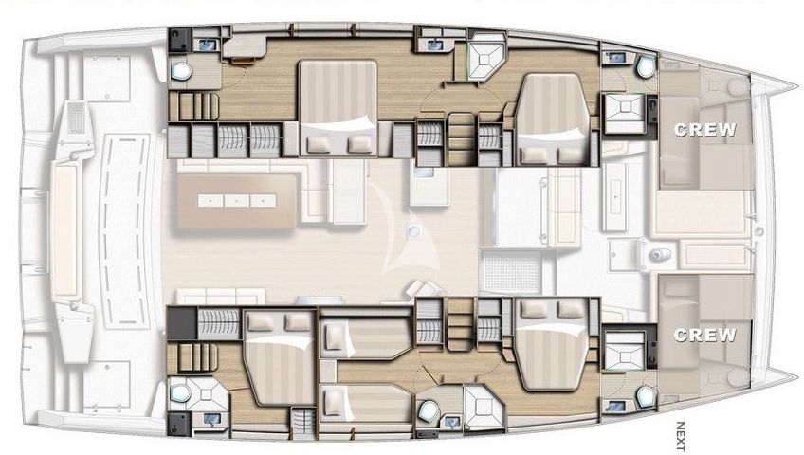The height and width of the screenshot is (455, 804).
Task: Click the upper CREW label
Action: coord(705,130)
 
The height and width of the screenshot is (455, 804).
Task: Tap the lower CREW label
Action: coord(705,335)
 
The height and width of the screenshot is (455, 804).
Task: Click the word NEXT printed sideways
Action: coord(681,436)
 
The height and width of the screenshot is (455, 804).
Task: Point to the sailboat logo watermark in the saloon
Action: coord(409,230)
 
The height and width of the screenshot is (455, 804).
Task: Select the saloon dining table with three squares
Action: coord(237,201)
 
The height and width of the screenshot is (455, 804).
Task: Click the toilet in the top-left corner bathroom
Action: coord(180,71)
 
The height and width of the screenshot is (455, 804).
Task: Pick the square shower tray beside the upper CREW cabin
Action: coord(625,113)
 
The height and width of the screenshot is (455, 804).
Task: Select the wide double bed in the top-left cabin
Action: coord(338,107)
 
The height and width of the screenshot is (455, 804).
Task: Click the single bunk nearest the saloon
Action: coord(366,339)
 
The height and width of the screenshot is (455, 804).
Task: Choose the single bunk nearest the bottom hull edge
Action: coord(366,404)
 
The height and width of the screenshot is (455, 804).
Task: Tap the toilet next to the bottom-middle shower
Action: coord(428,409)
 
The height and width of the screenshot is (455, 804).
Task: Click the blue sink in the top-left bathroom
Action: coord(208,45)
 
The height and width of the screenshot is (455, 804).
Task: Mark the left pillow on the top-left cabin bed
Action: coord(319,144)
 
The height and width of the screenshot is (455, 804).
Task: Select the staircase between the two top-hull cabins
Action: coord(461,138)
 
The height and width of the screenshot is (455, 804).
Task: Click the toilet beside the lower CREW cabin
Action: coord(646,396)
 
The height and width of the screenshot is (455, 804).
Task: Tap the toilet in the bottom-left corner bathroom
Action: coord(180,393)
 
